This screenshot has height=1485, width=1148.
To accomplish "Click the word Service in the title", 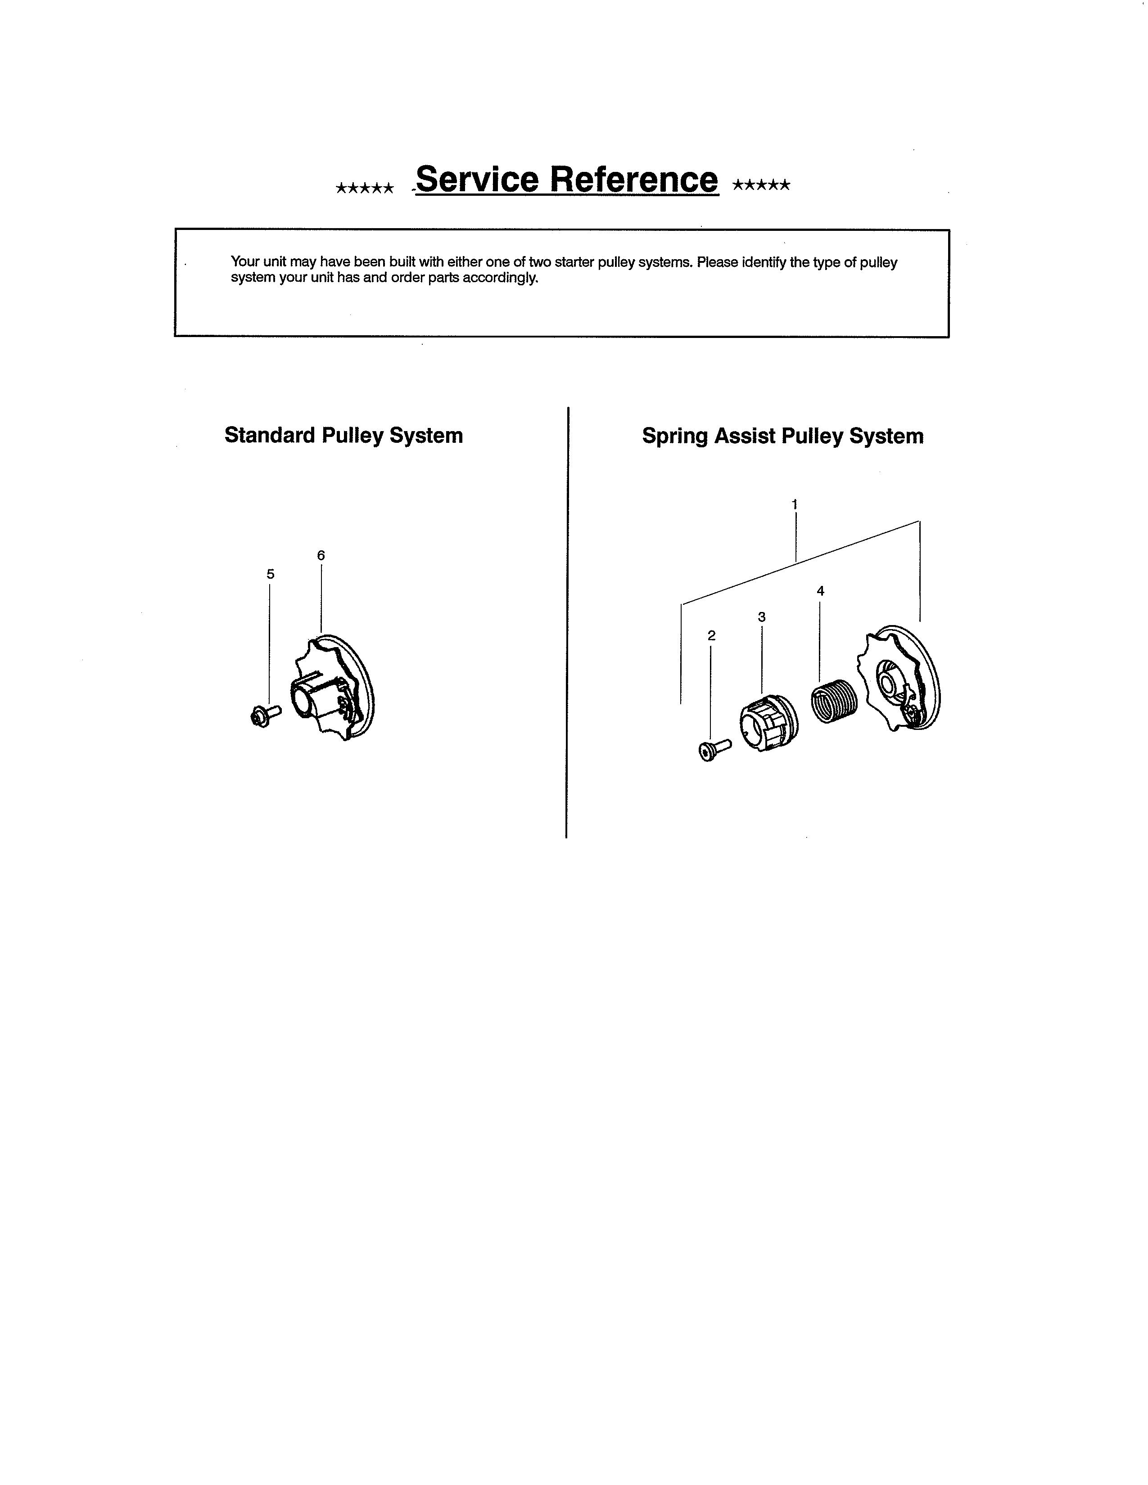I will [477, 180].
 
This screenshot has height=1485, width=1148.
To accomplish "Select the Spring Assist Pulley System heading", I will [782, 436].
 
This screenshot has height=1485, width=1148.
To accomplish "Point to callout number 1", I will [794, 504].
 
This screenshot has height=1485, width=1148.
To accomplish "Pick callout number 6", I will [321, 555].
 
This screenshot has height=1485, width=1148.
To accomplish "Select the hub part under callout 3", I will [768, 723].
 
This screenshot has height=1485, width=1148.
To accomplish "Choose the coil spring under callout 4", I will [835, 701].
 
